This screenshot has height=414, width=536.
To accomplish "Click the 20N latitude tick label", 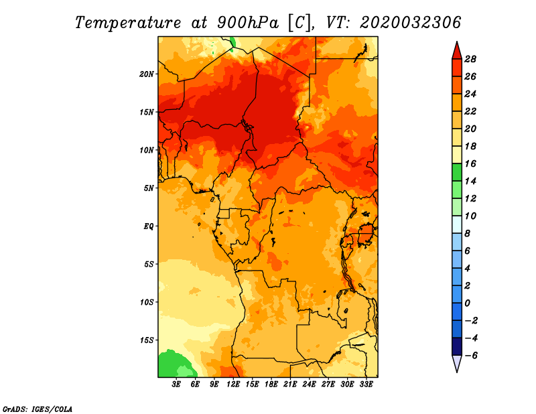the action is point(147,74).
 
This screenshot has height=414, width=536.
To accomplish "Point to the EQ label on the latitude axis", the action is point(149,226).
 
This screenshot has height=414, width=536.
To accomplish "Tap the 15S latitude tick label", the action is point(147,340).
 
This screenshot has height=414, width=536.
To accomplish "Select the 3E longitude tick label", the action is point(176,385).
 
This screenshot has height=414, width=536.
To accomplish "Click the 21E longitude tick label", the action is point(290,385).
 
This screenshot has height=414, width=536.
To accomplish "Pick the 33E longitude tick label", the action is point(366,385).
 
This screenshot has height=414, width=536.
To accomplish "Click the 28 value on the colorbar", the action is point(470,59).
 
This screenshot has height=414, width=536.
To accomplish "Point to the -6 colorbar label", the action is point(471,356).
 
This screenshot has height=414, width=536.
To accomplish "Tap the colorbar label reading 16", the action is point(470,163).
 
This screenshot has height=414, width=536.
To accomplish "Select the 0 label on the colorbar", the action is point(467,303).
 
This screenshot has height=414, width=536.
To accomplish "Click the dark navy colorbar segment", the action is point(457,346).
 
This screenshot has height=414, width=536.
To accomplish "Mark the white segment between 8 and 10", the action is point(457,224).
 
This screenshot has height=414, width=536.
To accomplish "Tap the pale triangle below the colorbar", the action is point(457,363).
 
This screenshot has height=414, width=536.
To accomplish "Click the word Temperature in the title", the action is point(128,23).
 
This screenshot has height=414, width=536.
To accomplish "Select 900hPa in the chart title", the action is point(247,23).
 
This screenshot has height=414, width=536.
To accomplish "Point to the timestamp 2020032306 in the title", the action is point(411,23).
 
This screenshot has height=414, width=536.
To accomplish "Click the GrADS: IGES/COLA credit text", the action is point(38,409).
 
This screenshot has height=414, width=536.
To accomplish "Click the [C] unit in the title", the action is point(299,23).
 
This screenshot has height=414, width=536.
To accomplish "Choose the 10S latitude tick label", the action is point(147,302).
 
